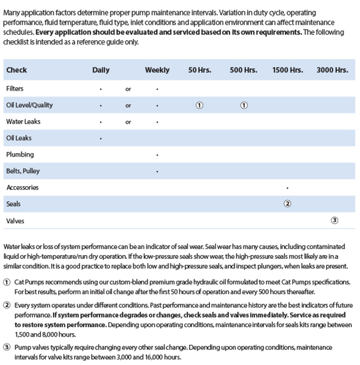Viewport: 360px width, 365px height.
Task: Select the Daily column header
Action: (101, 70)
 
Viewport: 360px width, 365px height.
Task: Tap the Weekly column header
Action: (157, 70)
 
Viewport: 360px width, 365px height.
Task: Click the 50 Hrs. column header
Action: (200, 70)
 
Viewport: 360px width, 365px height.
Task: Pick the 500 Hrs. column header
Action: (244, 70)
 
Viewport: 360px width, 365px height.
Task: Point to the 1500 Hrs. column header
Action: (288, 70)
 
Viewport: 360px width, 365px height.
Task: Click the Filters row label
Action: (15, 88)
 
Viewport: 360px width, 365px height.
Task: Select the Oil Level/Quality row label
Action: (29, 105)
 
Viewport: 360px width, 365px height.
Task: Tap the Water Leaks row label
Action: (23, 121)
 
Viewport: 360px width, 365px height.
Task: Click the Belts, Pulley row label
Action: (22, 171)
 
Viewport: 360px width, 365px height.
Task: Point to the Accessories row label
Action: (22, 187)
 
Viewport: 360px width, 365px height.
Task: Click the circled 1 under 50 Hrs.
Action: (200, 105)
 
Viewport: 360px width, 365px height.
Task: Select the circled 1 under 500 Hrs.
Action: (244, 105)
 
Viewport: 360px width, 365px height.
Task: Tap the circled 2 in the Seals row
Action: (287, 204)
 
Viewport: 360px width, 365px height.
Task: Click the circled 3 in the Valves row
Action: (334, 220)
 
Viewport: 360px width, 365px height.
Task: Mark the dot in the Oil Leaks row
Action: (101, 138)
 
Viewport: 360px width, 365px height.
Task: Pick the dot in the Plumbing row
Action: (157, 155)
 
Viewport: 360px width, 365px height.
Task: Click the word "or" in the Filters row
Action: (128, 89)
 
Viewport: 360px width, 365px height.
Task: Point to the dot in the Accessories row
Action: (287, 188)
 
